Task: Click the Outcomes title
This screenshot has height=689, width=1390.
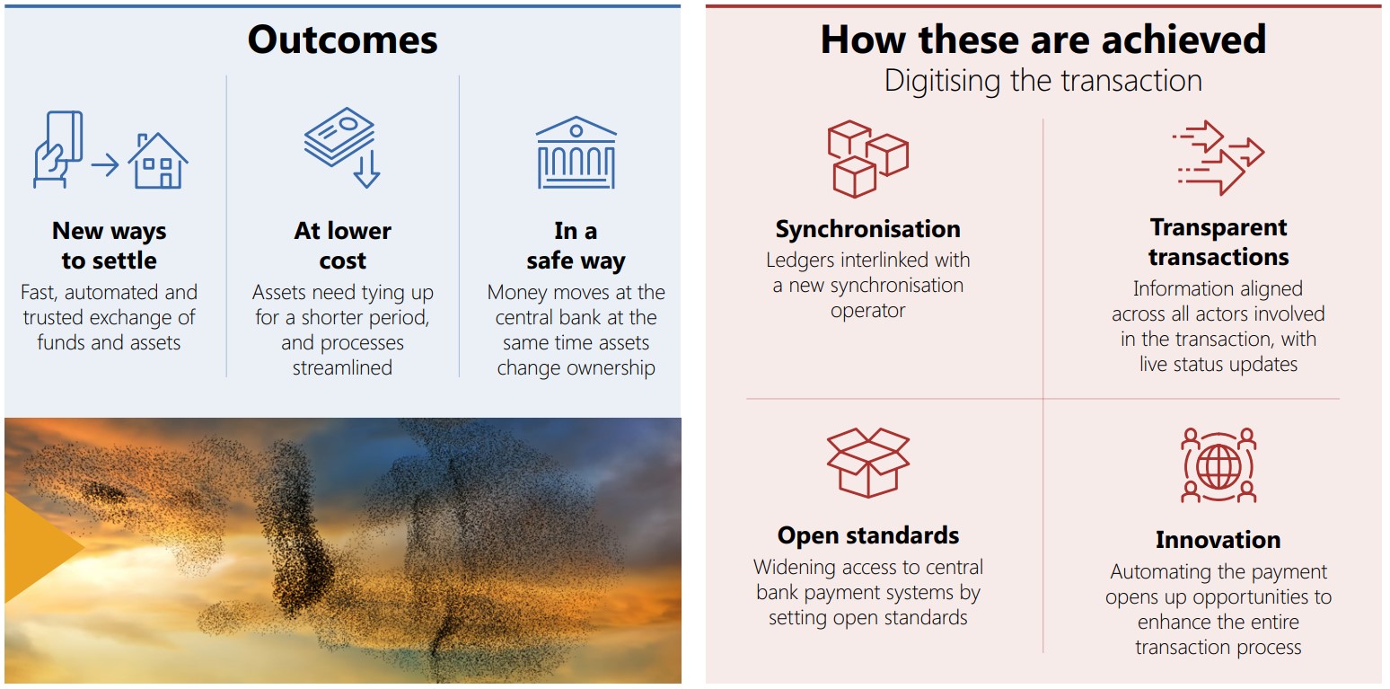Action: point(342,40)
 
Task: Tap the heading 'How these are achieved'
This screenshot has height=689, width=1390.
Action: point(1043,40)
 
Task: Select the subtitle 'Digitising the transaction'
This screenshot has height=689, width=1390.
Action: point(1043,81)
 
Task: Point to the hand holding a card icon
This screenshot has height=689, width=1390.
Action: point(58,149)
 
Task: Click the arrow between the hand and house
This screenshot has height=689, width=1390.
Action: point(105,165)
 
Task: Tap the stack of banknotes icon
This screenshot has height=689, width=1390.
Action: point(339,137)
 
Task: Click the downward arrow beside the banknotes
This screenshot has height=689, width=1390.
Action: point(366,168)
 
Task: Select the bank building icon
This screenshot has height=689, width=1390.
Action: point(576,153)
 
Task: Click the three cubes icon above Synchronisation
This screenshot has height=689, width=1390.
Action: point(867,159)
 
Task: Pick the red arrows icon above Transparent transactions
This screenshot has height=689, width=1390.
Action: point(1218,158)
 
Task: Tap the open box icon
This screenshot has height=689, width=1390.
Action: point(868,463)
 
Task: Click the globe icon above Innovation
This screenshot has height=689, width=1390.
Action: point(1218,465)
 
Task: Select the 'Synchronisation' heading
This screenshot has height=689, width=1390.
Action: point(868,229)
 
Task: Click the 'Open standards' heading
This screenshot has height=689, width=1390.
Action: point(868,535)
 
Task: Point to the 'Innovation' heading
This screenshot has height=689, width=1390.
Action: point(1218,539)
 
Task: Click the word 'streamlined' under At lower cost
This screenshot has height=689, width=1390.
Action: point(342,367)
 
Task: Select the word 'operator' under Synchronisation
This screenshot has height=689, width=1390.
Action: point(868,311)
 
